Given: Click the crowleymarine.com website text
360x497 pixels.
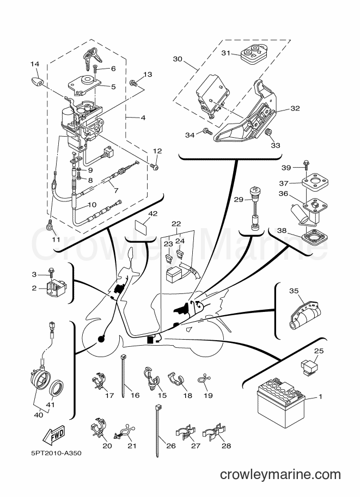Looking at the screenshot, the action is coord(280,475).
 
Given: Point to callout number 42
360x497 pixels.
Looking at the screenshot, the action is coord(152,213).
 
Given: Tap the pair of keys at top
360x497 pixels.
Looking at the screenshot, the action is coord(92,57).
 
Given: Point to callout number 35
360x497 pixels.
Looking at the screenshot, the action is coord(294,291).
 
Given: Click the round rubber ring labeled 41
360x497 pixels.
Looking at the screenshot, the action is coord(57,388).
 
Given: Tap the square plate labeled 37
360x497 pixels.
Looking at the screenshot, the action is coord(315,182).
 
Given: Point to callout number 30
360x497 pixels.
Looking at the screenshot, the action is coord(178,59).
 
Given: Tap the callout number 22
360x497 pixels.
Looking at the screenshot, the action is coord(176,224).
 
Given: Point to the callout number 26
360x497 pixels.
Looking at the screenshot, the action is coord(170,446).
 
